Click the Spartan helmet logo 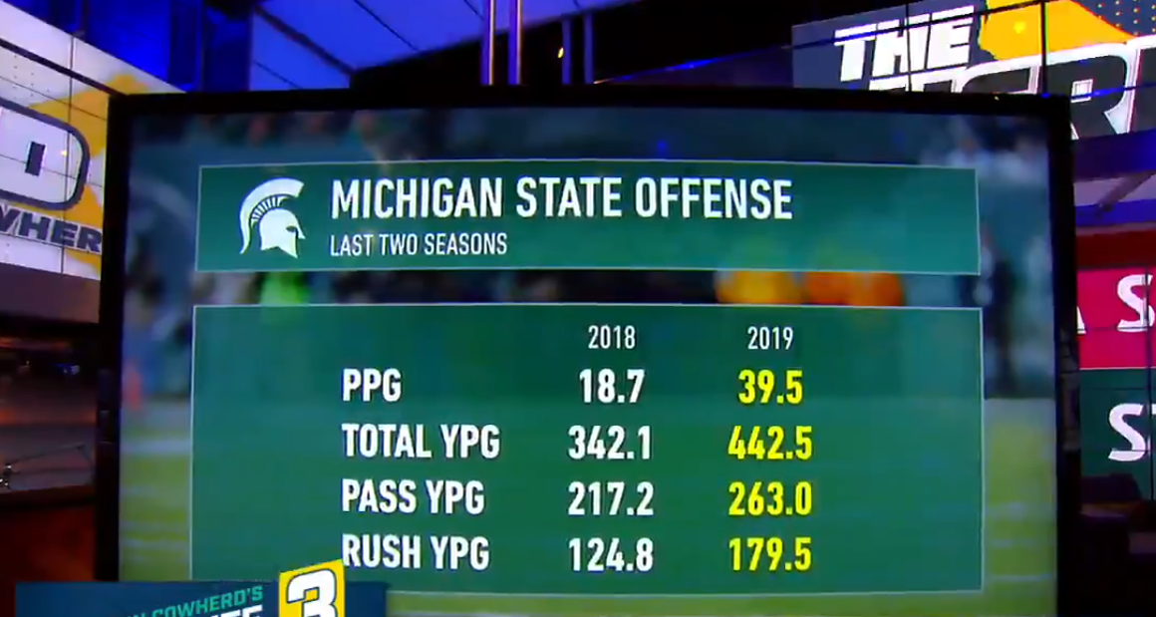(272, 217)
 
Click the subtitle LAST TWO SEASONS (418, 245)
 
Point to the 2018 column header (611, 339)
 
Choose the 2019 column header (770, 339)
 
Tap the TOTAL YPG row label (420, 442)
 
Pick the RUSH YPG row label (416, 553)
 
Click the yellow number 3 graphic (311, 594)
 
